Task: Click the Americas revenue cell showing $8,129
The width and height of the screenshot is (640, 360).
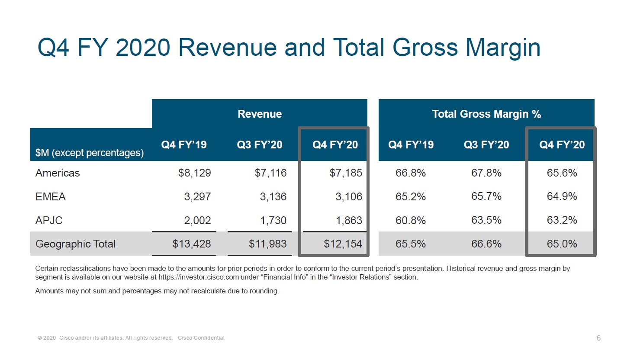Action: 194,173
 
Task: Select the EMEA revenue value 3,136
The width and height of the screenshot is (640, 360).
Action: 273,197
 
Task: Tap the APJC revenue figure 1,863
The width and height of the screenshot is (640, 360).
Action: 349,221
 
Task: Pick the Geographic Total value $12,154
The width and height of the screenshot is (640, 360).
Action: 343,244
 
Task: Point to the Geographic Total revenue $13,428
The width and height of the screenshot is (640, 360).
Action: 192,244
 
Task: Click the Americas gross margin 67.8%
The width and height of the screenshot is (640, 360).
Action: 486,173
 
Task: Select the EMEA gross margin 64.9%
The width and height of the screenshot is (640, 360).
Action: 562,196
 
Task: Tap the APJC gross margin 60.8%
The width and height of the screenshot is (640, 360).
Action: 411,221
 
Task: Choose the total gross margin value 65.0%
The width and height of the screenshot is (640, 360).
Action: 562,244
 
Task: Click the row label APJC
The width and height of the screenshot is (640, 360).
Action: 49,221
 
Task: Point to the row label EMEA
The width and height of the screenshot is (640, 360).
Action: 50,197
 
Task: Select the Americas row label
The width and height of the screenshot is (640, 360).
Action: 58,173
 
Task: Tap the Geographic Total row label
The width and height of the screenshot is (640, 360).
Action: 75,244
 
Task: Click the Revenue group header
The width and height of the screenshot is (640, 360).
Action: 260,114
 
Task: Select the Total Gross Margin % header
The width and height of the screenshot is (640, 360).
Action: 486,114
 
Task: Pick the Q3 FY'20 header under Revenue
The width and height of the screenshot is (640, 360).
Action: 260,145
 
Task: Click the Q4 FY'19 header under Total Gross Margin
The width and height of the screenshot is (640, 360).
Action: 411,145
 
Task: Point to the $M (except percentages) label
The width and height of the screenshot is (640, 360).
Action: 90,153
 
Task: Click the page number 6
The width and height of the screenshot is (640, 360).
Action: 598,338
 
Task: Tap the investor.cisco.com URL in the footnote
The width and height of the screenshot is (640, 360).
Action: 199,277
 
